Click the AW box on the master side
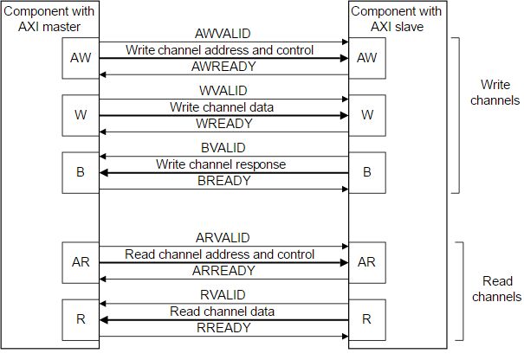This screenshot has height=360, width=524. point(81,58)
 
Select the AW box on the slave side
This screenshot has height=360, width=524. point(366,58)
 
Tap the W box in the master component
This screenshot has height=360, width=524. point(81,115)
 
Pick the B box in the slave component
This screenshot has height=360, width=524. point(366,171)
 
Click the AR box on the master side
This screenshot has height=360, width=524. point(81,261)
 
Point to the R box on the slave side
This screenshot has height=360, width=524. point(366,318)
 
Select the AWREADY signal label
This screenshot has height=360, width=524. point(223,67)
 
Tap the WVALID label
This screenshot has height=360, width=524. point(223,91)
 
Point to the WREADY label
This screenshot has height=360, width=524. point(223,124)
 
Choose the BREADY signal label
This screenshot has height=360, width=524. point(223,181)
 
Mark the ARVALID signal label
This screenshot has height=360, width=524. point(223,238)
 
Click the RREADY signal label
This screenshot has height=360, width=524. point(223,327)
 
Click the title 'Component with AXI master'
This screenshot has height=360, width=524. point(50,18)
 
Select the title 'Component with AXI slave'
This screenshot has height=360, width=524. point(397,18)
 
